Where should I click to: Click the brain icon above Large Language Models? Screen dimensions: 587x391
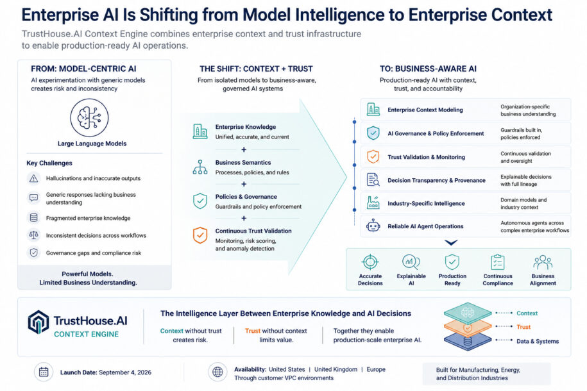pos(89,117)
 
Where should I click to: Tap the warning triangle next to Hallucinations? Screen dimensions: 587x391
pos(34,178)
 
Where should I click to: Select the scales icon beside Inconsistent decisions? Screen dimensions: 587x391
pos(34,235)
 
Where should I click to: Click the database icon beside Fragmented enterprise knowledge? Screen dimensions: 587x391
pos(34,217)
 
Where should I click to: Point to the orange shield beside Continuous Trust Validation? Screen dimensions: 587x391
pos(200,235)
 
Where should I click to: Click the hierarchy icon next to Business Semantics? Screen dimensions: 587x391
pos(200,167)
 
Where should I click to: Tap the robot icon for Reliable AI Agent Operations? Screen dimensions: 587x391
pos(373,226)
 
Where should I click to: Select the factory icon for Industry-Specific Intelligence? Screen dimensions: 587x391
pos(373,203)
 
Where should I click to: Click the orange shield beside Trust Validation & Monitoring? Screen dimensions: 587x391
pos(373,156)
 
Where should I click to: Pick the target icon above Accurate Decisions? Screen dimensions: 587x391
pos(370,262)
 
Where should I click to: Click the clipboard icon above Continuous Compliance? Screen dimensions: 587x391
pos(498,262)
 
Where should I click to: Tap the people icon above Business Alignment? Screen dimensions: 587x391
pos(543,262)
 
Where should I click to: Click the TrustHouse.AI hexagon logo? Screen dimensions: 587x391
pos(38,322)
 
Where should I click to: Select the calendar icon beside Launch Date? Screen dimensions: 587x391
pos(44,372)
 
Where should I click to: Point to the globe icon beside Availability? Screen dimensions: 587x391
pos(217,372)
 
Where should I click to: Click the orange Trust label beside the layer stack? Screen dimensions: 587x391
pos(523,327)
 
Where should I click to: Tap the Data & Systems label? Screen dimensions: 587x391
pos(538,341)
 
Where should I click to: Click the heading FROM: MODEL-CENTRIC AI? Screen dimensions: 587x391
pos(83,69)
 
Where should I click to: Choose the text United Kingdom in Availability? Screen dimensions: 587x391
pos(336,369)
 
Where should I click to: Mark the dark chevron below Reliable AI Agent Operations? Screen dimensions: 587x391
pos(451,242)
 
